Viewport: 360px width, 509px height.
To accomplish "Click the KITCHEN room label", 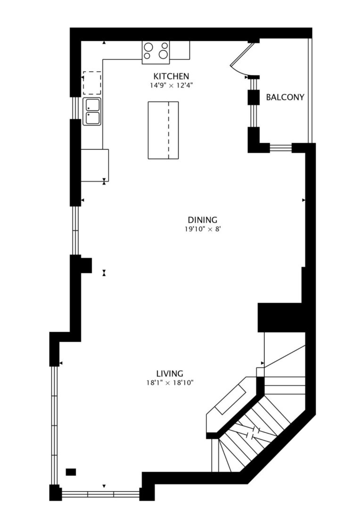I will point(171,76).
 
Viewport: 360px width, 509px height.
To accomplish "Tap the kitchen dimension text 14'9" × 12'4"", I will point(171,85).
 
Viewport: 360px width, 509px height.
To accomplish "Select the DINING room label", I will point(202,220).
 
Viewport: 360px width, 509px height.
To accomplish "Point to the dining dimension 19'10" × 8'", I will point(202,229).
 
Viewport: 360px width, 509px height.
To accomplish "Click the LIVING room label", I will point(170,374).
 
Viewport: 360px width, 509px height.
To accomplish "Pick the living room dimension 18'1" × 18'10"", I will point(170,383).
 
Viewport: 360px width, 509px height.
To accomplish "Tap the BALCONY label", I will point(285,98).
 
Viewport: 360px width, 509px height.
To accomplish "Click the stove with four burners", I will point(156,50).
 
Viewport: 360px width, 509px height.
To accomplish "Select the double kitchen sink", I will point(92,111).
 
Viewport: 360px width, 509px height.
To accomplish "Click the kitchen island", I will point(163,130).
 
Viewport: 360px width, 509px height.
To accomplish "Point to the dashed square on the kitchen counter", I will point(92,83).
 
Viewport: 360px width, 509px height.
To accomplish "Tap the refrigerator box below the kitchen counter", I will point(94,165).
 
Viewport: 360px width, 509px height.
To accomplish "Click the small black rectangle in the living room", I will point(71,472).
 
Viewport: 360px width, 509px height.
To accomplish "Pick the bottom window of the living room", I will point(100,494).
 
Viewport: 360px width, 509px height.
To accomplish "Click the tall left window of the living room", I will point(54,424).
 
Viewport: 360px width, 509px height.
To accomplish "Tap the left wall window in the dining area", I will point(75,231).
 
